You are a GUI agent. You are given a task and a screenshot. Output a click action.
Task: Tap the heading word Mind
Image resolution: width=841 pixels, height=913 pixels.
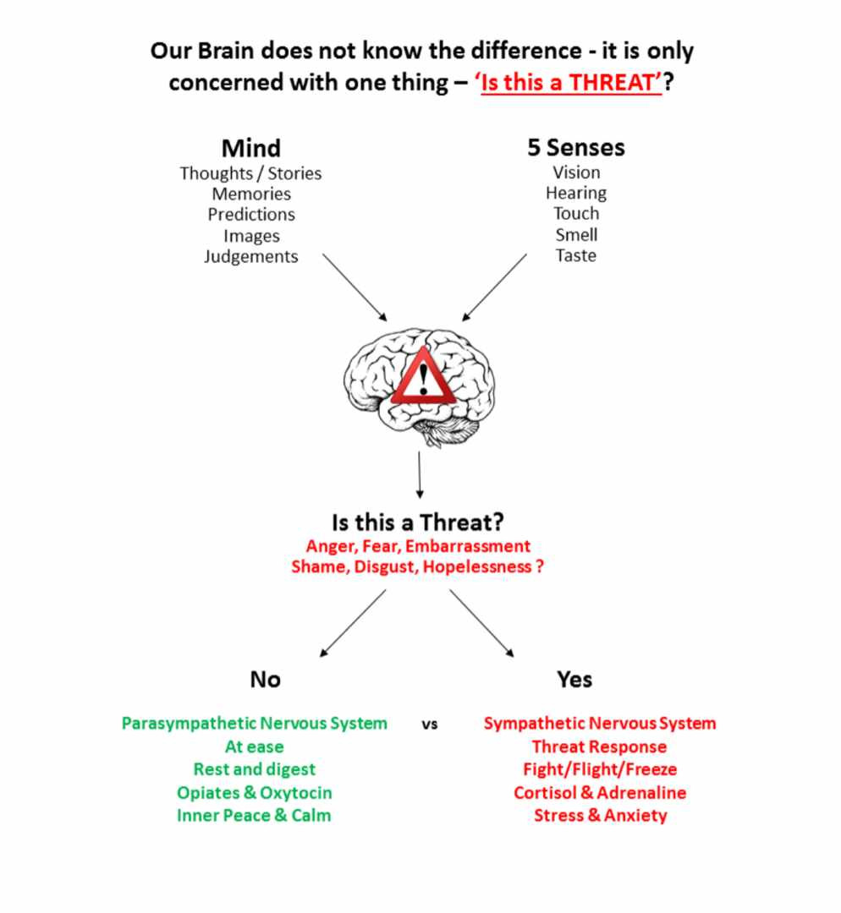tap(250, 149)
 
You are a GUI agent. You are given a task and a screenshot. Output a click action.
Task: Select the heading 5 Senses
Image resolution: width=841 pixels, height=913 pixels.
tap(576, 147)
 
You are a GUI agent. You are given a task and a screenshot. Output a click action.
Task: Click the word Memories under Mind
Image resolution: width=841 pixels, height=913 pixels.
tap(251, 194)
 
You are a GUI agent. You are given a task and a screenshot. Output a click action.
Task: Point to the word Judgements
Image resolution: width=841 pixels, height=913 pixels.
tap(251, 256)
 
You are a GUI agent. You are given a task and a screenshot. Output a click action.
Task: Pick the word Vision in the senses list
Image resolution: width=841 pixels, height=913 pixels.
tap(576, 172)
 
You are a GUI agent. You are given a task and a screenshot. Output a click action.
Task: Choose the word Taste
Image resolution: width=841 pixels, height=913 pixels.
tap(576, 255)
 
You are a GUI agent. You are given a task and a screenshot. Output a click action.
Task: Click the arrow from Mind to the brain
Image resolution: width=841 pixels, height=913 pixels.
tap(355, 287)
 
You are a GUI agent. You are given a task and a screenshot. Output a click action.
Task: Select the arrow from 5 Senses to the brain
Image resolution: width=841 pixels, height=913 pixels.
tap(494, 287)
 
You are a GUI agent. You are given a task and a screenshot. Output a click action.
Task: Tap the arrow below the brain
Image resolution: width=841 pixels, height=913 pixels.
tap(420, 474)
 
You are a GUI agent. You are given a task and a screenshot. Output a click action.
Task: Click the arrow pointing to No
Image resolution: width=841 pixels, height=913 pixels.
tap(353, 623)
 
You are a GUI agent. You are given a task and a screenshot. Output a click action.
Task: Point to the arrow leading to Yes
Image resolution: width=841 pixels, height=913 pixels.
tap(481, 623)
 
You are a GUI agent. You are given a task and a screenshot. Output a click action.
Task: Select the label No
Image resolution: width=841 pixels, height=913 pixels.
tap(265, 680)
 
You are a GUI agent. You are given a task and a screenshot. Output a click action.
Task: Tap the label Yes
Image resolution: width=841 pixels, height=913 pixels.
tap(574, 680)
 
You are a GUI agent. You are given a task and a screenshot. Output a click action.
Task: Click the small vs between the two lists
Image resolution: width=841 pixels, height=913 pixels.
tap(430, 724)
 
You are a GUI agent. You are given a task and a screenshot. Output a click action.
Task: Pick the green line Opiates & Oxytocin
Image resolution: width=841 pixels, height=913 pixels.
tap(254, 793)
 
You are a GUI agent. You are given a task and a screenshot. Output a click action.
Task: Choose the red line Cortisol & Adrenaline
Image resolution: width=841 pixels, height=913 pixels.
tap(600, 793)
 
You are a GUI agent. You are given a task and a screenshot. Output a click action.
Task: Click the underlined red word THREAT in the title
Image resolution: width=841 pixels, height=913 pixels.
tap(613, 85)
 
